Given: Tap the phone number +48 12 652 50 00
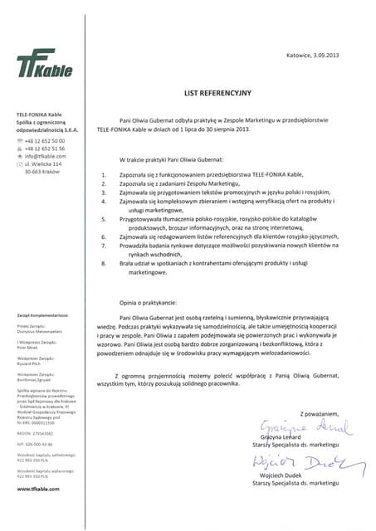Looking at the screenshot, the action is click(45, 141).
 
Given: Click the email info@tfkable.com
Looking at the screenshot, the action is click(46, 156).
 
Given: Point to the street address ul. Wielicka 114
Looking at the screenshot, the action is click(46, 163).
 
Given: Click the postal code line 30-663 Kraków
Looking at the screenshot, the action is click(45, 172).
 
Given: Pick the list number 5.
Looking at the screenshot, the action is click(103, 219).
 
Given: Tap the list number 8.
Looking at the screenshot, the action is click(103, 263).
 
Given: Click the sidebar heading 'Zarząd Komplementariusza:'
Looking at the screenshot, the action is click(42, 315).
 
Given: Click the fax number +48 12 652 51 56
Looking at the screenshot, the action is click(45, 149).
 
